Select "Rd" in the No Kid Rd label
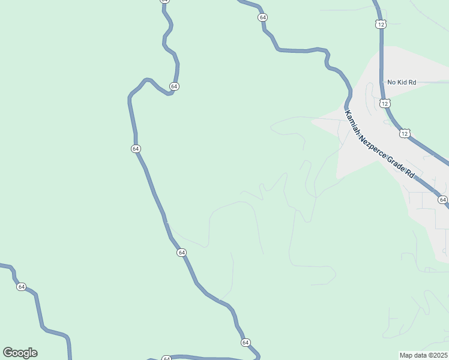412,82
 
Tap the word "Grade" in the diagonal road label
397,163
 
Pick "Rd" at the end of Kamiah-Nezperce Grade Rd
411,175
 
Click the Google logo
20,353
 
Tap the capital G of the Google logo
8,353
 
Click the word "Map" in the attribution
406,355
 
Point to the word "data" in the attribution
420,355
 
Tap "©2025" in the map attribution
438,355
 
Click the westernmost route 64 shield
22,287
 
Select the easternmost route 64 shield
443,200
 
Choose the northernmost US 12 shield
381,24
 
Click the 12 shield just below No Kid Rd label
385,103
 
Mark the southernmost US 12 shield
405,133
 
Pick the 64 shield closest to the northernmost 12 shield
263,17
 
